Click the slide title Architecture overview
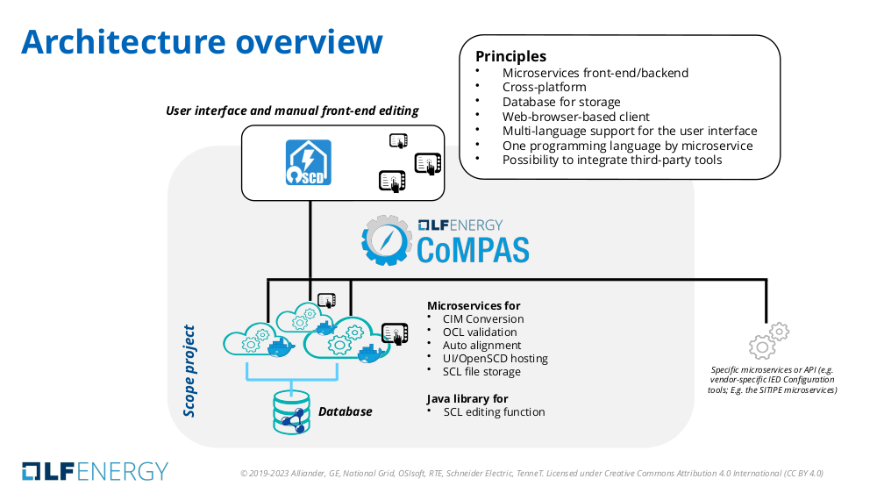click(x=202, y=42)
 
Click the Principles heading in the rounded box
click(x=510, y=56)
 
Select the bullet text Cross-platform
click(x=544, y=88)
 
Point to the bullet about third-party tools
click(x=611, y=160)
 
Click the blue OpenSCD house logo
click(x=308, y=163)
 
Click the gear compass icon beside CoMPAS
click(x=386, y=239)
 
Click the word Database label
click(x=345, y=411)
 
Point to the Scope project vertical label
click(x=189, y=371)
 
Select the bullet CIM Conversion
click(x=483, y=319)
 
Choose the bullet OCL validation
click(x=480, y=332)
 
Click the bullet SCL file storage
click(x=481, y=372)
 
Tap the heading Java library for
click(x=467, y=398)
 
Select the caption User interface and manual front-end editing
click(x=292, y=111)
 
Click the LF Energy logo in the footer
click(x=95, y=470)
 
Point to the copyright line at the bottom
click(x=531, y=474)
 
